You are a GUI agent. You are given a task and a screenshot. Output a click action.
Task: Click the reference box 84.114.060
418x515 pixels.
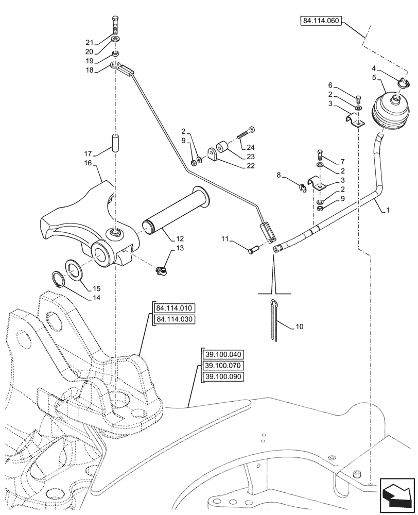320,21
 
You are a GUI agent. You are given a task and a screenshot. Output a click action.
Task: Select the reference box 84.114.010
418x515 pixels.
174,308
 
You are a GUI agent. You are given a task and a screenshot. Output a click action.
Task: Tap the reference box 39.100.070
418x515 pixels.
223,366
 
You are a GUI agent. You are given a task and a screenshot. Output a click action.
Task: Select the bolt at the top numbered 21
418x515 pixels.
115,26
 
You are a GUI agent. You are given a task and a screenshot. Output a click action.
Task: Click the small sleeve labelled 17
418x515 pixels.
115,143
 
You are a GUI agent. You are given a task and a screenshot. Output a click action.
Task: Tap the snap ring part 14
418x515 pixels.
62,280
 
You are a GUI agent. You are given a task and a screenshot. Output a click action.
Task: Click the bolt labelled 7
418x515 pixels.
320,153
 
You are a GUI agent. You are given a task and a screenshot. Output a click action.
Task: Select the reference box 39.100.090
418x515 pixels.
223,376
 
